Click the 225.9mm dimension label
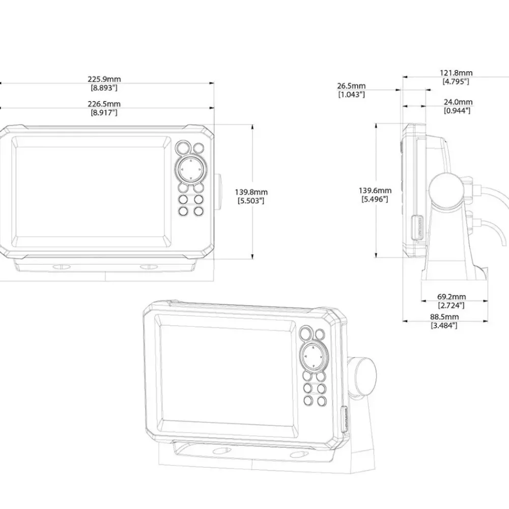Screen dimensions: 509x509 [104, 79]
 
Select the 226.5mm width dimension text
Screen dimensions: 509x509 [104, 104]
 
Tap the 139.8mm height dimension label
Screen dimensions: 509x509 [251, 192]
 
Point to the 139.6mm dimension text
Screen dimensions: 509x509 [375, 190]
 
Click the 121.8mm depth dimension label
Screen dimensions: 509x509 [456, 73]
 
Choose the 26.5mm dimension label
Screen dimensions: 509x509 [351, 86]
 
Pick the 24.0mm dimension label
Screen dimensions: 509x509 [458, 102]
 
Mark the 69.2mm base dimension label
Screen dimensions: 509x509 [451, 297]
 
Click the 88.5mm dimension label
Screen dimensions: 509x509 [444, 317]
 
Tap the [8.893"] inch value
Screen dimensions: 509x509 [104, 88]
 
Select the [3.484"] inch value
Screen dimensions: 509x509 [444, 325]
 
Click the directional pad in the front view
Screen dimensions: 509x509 [191, 169]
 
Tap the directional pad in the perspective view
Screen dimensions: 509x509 [314, 357]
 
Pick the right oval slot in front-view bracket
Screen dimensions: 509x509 [149, 267]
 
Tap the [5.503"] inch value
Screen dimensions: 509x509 [251, 201]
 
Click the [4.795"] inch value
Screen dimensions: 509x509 [456, 81]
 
